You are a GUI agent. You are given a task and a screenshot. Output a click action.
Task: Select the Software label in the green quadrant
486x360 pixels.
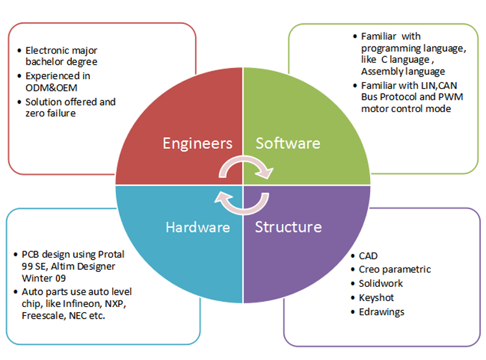click(288, 142)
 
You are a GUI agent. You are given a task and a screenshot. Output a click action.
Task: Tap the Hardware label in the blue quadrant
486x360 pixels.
click(198, 227)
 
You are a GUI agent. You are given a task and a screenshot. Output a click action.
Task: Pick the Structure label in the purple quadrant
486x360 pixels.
click(288, 227)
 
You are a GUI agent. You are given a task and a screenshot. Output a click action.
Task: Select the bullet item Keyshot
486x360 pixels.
click(376, 298)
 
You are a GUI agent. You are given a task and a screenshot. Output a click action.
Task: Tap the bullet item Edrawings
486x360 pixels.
click(382, 311)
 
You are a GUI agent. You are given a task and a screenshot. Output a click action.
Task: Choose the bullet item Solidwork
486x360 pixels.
click(381, 284)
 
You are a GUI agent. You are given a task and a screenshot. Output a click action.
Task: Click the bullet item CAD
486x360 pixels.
click(369, 255)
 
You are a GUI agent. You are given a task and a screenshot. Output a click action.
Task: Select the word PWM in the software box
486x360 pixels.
click(437, 96)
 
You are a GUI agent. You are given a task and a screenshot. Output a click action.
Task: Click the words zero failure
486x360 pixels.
click(52, 114)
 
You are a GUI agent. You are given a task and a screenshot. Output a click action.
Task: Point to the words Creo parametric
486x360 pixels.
click(395, 269)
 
